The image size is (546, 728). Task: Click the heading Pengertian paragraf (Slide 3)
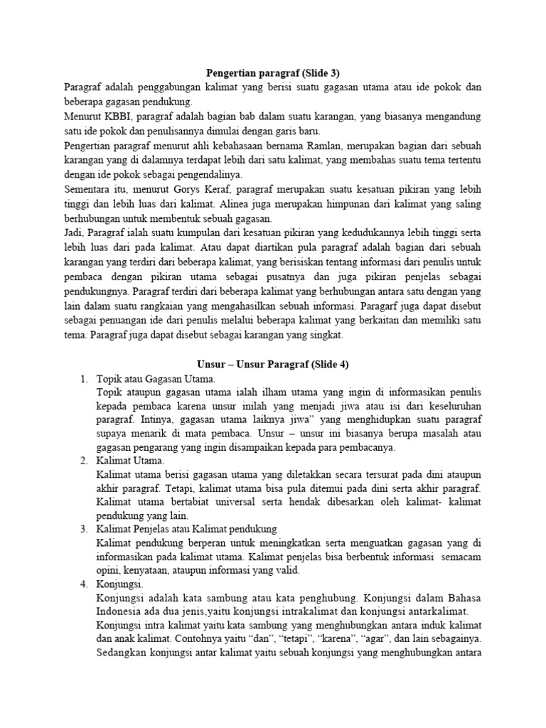tap(273, 73)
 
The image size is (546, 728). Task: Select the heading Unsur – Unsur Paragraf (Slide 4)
tap(273, 363)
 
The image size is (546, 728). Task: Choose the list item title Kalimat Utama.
tap(130, 461)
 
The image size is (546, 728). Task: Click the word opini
tap(108, 569)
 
